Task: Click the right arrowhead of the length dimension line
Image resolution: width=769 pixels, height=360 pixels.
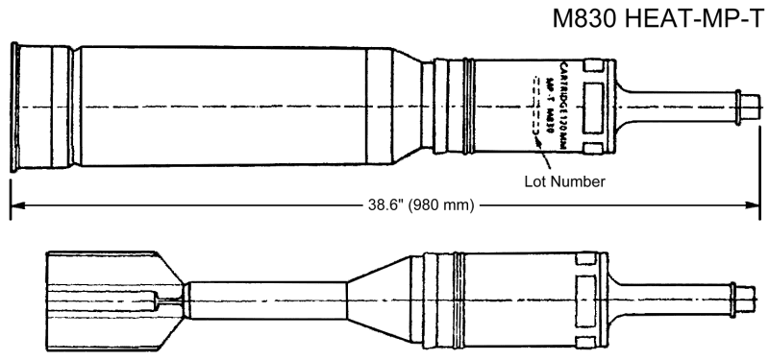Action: [754, 204]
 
